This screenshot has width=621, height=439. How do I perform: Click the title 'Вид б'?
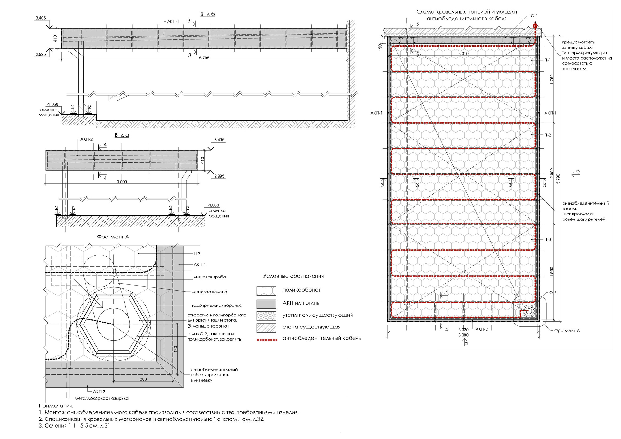[x=207, y=14]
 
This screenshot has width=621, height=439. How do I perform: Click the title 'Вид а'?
[x=121, y=135]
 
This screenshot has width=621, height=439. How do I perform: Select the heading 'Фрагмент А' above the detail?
[x=113, y=237]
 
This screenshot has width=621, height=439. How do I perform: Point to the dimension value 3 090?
[x=122, y=182]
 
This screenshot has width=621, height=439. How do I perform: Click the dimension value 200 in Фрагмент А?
[x=143, y=379]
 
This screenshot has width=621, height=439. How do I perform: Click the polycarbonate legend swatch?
[x=266, y=291]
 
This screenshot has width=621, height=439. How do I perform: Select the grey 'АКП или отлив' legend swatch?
[x=266, y=304]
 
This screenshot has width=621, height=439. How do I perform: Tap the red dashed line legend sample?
[x=267, y=340]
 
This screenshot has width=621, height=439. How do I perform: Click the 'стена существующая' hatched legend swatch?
[x=266, y=328]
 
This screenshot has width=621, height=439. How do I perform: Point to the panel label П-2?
[x=547, y=135]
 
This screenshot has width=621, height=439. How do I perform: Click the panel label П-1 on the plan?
[x=547, y=60]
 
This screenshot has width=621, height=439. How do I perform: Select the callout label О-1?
[x=534, y=16]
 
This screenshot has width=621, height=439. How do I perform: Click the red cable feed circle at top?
[x=535, y=25]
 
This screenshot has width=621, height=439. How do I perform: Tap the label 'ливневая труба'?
[x=210, y=277]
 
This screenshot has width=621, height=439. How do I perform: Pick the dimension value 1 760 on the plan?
[x=551, y=80]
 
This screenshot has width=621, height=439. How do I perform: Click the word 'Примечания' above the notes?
[x=56, y=406]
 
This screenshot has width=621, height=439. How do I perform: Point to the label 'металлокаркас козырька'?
[x=102, y=398]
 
